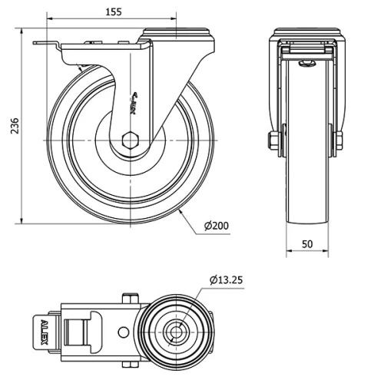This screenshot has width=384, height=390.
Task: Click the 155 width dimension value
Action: click(113, 12)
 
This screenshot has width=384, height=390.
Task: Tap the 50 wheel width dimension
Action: click(306, 243)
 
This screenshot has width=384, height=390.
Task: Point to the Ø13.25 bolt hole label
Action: click(226, 280)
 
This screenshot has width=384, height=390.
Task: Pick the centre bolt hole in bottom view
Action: click(176, 332)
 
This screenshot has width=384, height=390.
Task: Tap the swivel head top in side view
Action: click(177, 32)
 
